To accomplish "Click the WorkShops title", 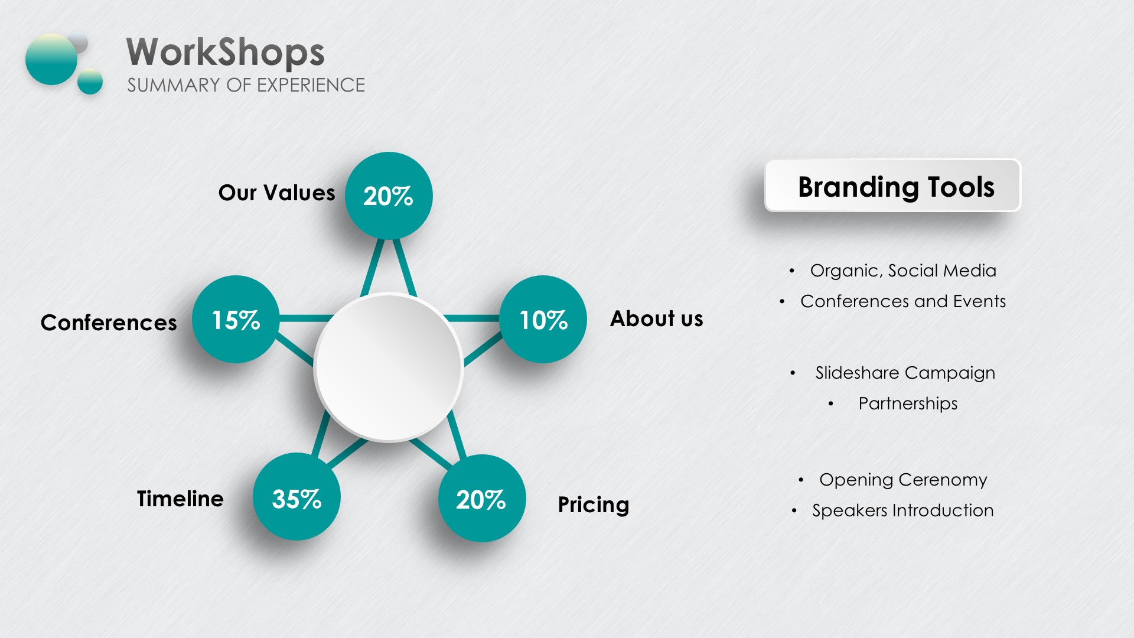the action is point(225,52).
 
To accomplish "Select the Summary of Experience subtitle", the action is point(246,85).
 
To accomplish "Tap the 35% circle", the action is point(296,497).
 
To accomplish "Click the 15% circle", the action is point(236,319).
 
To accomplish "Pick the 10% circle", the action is point(543,319).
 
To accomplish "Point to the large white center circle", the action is point(388,367).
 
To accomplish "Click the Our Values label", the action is point(276,193).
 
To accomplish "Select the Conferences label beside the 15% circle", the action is point(109,323).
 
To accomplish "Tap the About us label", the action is point(657,318).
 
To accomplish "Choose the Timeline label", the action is point(180,499).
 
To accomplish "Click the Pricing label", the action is point(594,505).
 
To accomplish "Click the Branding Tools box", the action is point(892,185).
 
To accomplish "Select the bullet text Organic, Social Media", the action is point(903,271).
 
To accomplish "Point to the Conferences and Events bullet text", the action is point(903,301).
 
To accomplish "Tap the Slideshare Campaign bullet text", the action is point(905,373).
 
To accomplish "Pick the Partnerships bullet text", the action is point(908,403).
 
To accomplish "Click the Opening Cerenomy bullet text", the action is point(903,480).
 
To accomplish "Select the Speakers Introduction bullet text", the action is point(903,510).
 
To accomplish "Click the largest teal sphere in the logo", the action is point(51,59).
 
